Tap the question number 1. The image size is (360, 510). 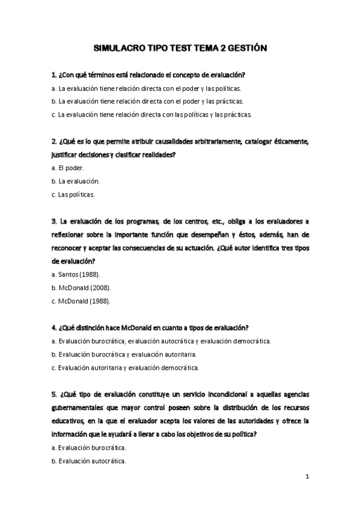pos(54,75)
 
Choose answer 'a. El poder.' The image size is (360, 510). pos(67,168)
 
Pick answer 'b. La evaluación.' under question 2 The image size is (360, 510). pos(75,181)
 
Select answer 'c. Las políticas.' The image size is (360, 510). pos(73,194)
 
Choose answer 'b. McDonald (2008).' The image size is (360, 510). pos(81,287)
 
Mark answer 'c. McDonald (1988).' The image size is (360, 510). pos(81,301)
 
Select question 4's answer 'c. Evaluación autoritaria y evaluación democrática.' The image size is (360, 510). pos(125,367)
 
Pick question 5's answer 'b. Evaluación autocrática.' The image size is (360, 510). pos(88,461)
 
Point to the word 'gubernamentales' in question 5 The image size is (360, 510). pos(81,407)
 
